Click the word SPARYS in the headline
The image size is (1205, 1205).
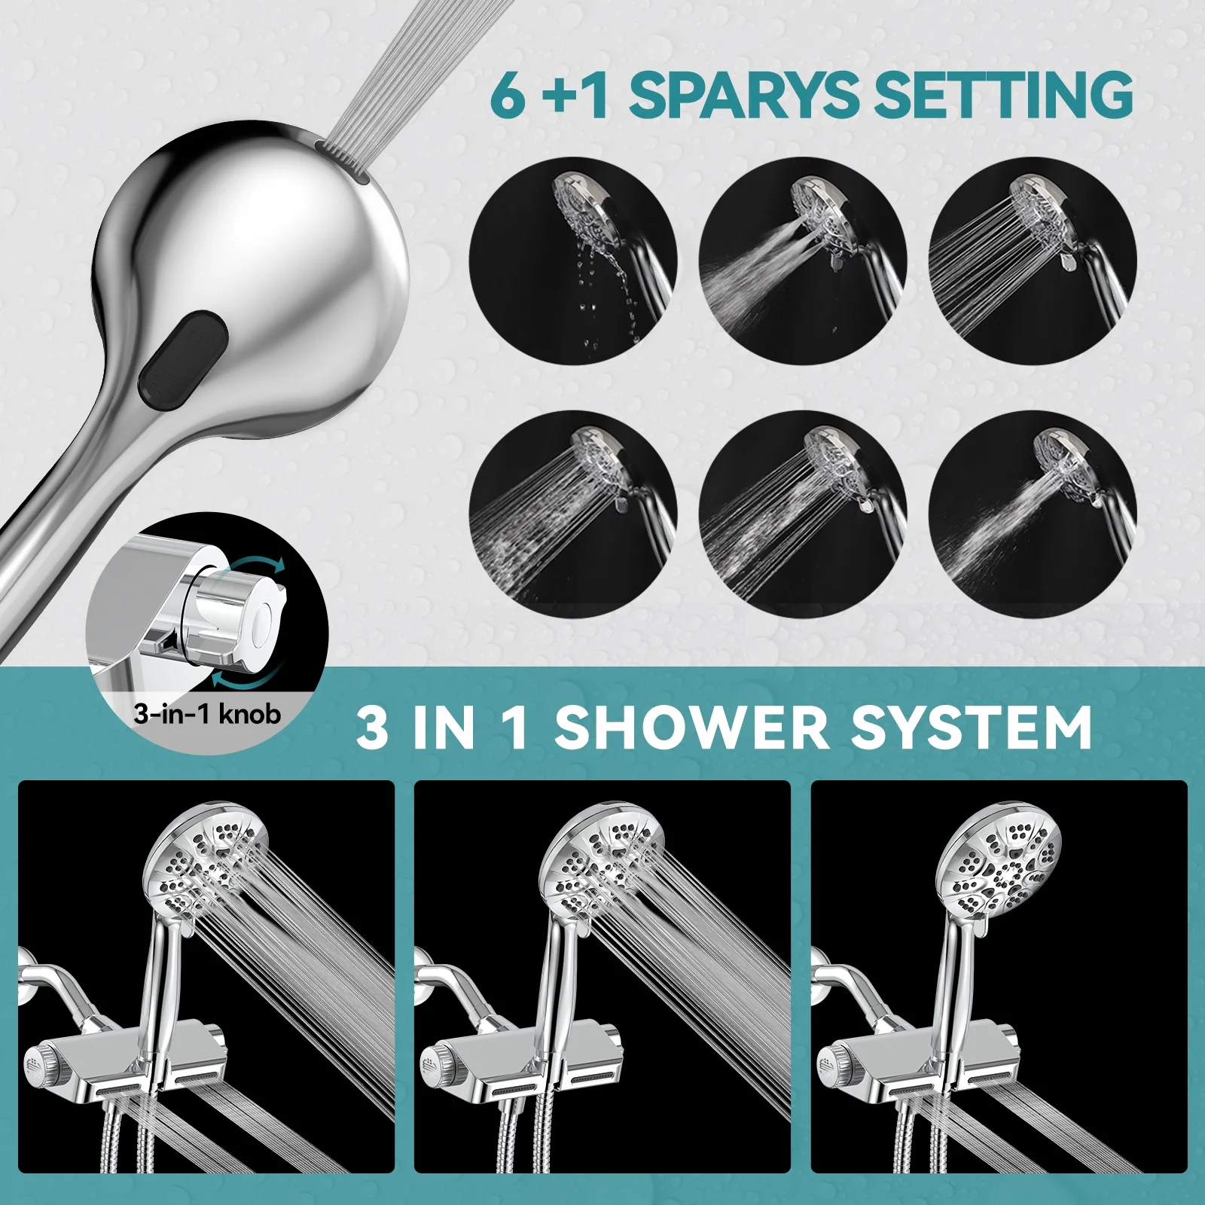[742, 95]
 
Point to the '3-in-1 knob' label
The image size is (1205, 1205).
[207, 712]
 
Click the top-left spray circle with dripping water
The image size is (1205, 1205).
[573, 261]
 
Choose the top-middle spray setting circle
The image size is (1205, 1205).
[803, 261]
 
